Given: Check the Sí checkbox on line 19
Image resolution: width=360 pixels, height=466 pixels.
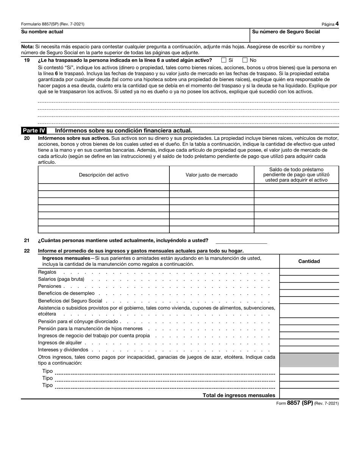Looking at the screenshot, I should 224,60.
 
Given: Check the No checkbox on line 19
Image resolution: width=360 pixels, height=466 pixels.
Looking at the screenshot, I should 245,60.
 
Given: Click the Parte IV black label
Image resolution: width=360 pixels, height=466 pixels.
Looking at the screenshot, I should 34,130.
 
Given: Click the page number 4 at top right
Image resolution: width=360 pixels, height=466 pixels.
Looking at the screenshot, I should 337,24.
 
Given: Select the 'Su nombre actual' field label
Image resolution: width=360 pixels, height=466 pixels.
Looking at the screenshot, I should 42,32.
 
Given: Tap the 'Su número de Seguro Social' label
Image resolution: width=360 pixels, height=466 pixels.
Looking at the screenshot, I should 286,32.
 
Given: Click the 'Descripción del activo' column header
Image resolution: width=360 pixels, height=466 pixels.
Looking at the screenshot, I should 103,175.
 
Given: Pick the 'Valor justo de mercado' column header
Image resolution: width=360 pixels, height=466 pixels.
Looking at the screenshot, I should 211,175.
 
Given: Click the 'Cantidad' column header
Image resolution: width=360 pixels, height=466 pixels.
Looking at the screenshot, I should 309,261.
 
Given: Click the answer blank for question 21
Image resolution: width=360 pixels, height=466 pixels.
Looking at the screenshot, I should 241,240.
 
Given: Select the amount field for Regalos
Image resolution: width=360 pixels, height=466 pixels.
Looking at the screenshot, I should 309,272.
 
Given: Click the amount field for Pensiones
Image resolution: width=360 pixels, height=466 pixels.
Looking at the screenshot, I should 309,286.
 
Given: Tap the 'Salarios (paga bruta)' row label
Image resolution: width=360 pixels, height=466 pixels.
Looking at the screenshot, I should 61,279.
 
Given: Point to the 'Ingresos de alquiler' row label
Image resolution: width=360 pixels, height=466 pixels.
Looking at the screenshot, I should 60,343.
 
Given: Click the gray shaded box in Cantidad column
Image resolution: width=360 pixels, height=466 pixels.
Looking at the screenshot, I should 309,360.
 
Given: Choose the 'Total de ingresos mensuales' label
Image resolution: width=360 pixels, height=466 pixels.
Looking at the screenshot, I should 239,395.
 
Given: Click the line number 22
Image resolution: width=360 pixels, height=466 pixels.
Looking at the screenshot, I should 27,251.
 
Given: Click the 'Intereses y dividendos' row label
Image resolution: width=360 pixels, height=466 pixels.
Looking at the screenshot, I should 63,350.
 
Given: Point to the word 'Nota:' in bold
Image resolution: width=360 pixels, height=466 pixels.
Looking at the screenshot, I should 28,47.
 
